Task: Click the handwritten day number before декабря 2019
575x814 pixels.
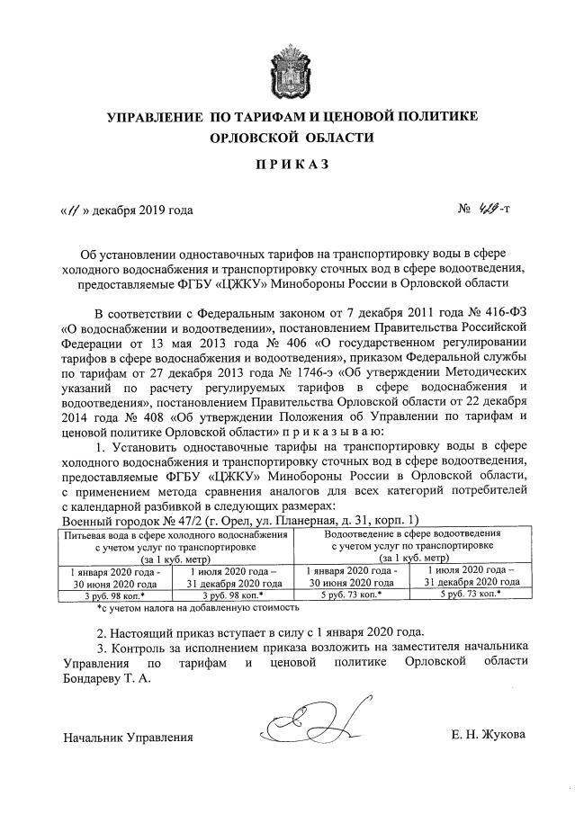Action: pyautogui.click(x=70, y=212)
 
